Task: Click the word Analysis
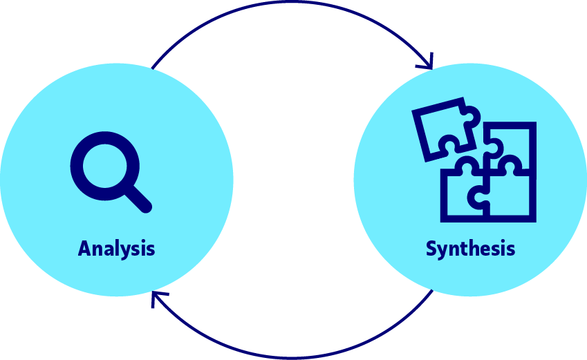click(x=116, y=248)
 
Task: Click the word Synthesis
click(x=470, y=248)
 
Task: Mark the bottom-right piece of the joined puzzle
click(x=510, y=197)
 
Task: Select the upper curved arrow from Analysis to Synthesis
click(x=290, y=5)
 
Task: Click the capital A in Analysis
click(x=85, y=248)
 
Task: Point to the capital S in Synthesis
click(x=431, y=248)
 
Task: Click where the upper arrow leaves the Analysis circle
click(x=151, y=68)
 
